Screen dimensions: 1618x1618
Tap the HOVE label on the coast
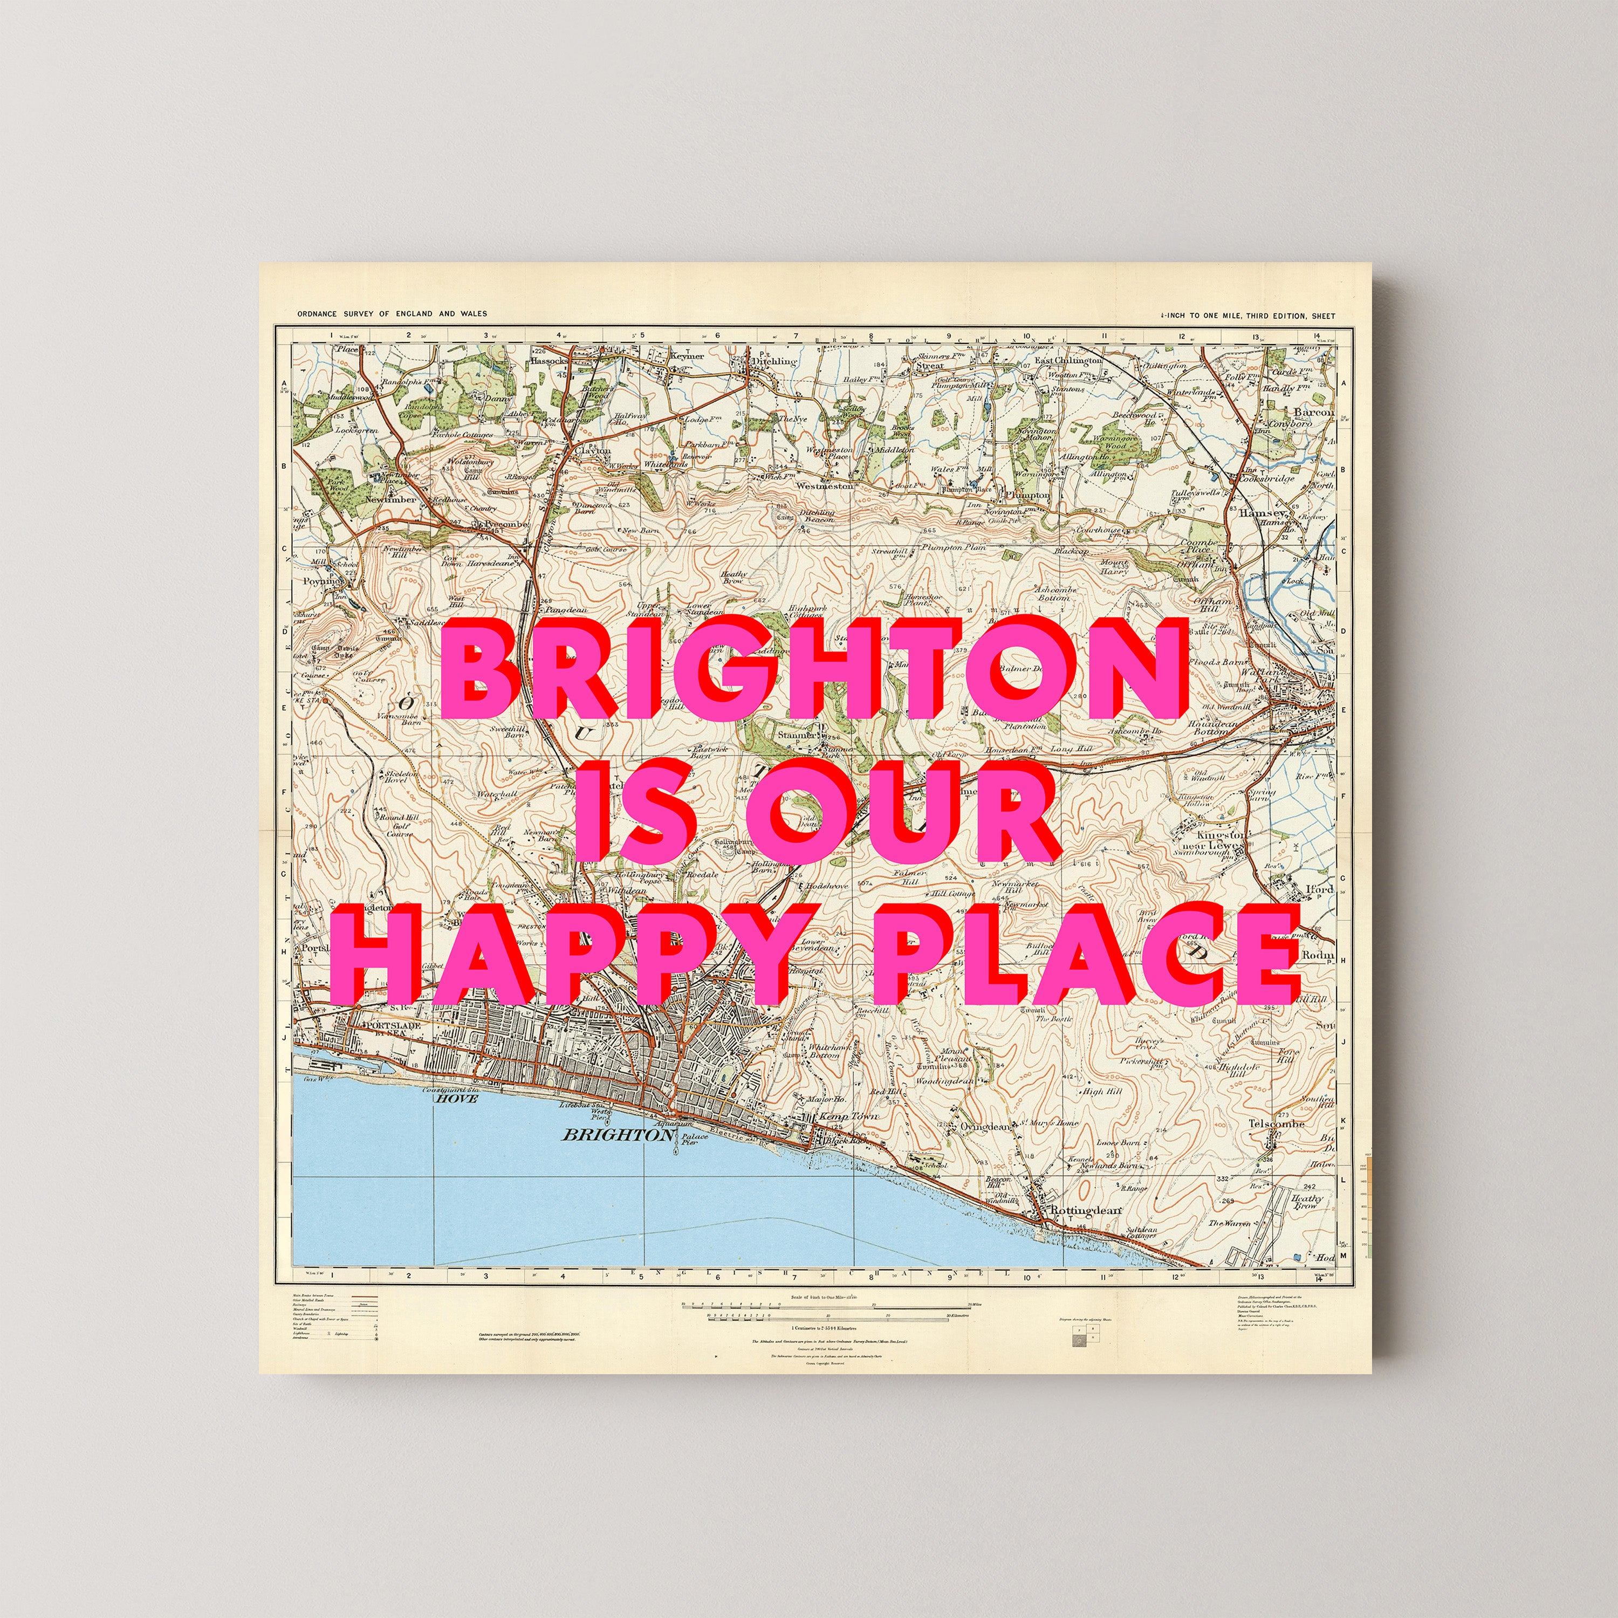point(456,1099)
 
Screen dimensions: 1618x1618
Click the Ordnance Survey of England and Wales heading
point(392,314)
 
